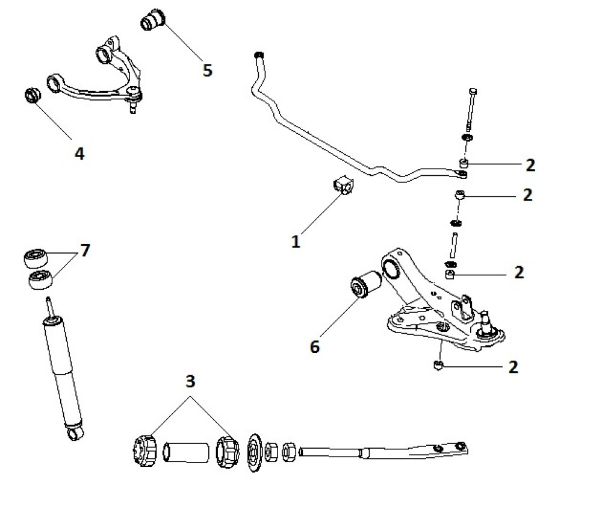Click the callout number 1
pyautogui.click(x=296, y=242)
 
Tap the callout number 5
pyautogui.click(x=207, y=70)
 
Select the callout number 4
pyautogui.click(x=79, y=154)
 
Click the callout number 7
pyautogui.click(x=85, y=251)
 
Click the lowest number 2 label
pyautogui.click(x=513, y=366)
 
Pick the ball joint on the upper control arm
pyautogui.click(x=135, y=95)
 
